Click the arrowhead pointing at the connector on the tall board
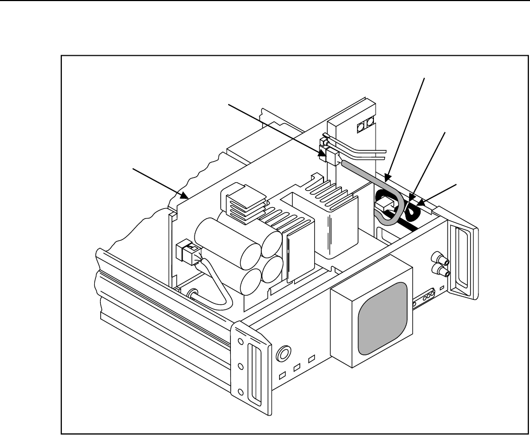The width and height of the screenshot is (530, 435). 324,156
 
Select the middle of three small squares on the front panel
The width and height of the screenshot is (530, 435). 298,368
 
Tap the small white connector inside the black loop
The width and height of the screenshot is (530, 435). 386,206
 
